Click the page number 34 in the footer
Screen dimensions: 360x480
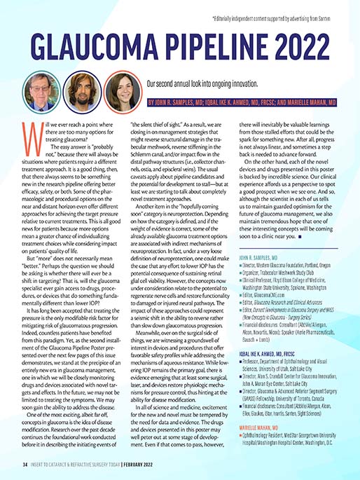point(24,463)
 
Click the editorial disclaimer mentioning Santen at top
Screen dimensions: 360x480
point(280,13)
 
